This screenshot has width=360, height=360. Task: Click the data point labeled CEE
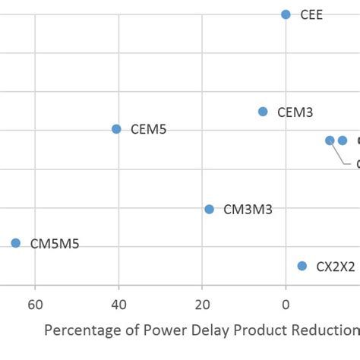(286, 14)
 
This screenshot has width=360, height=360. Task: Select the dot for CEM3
(263, 112)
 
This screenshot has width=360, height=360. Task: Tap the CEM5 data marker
(116, 129)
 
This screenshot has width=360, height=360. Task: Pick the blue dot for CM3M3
(209, 209)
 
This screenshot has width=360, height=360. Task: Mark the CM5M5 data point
(16, 243)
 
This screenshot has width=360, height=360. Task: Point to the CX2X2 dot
(302, 266)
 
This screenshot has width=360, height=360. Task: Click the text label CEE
(311, 15)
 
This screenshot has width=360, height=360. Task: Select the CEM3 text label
(295, 112)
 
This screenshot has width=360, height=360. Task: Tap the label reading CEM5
(149, 130)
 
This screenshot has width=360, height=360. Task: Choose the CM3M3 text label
(248, 210)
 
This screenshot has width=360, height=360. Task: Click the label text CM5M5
(55, 244)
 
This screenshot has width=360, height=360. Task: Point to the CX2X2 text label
(336, 267)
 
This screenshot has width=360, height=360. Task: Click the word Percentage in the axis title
(81, 331)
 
